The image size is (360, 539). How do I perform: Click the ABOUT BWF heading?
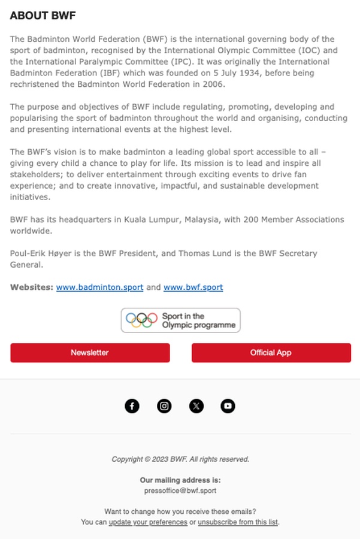coord(43,16)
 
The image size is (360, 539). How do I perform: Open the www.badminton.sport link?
coord(99,287)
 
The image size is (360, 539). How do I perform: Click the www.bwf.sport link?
coord(193,287)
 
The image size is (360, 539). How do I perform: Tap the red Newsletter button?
coord(90,353)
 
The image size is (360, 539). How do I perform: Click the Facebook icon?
coord(132,406)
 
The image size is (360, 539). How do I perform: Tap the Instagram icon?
coord(164,406)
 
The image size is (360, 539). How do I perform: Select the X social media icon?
coord(196,406)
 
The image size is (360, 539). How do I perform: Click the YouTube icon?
coord(228,406)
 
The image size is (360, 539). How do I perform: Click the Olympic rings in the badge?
coord(141,320)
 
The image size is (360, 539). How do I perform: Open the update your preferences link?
coord(148,522)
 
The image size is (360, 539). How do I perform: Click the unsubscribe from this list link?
coord(238,522)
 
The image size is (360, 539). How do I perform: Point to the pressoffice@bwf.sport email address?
coord(180,490)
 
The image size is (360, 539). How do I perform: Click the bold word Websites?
coord(32,287)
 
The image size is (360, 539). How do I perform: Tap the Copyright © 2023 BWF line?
coord(180,459)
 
